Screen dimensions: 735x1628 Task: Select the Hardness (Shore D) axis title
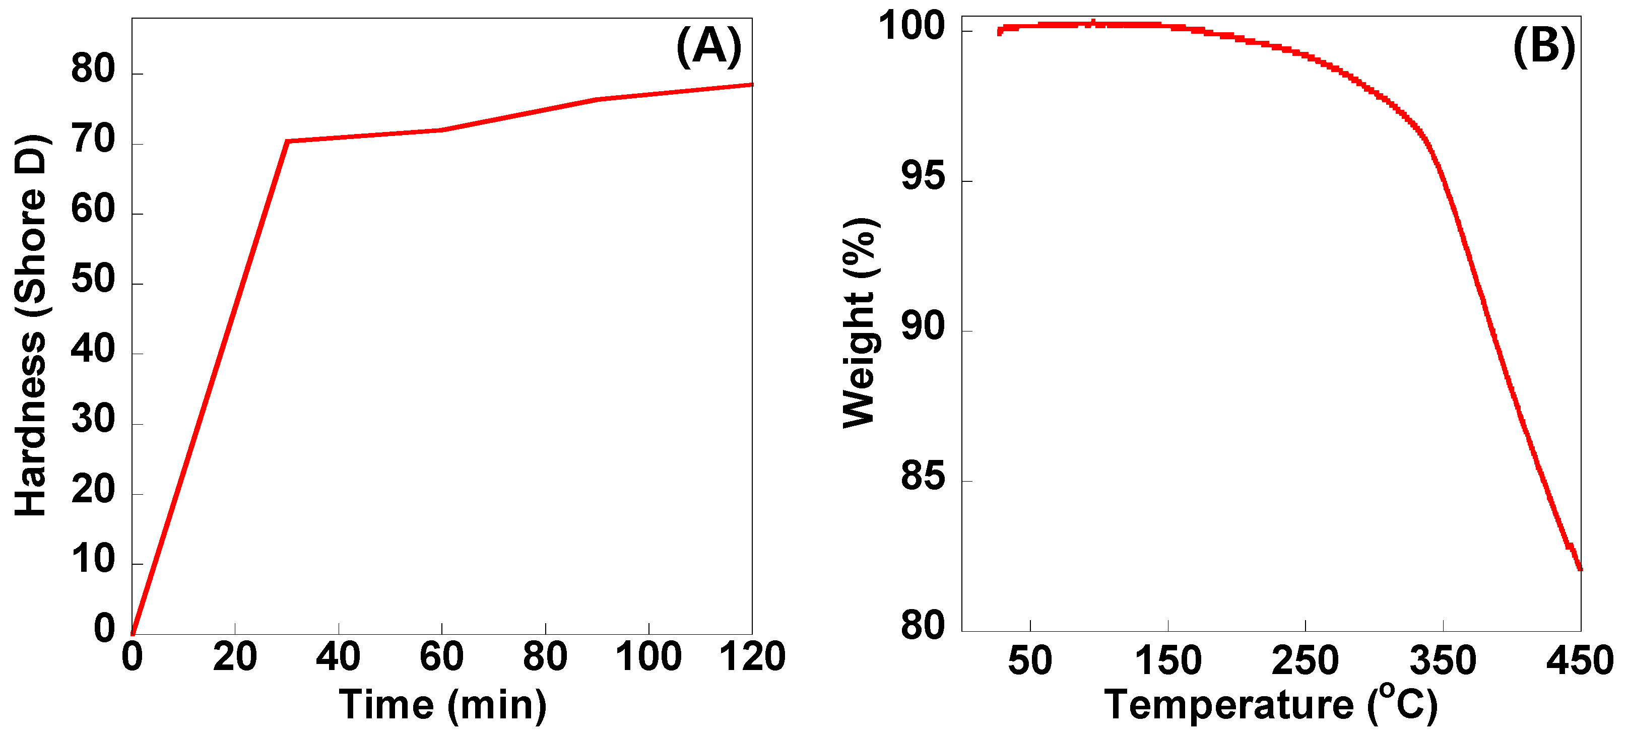(30, 325)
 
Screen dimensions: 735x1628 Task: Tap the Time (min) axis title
(442, 705)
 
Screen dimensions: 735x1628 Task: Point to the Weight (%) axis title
(861, 323)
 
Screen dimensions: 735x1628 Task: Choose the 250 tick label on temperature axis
(1305, 660)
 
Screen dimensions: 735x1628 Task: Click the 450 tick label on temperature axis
(1579, 660)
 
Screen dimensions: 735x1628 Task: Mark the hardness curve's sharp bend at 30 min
(287, 141)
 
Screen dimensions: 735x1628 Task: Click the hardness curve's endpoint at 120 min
(751, 85)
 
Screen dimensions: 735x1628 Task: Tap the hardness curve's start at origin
(133, 633)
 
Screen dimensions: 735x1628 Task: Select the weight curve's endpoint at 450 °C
(1579, 568)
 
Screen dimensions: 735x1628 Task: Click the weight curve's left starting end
(999, 32)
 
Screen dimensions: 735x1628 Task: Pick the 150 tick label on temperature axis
(1168, 660)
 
